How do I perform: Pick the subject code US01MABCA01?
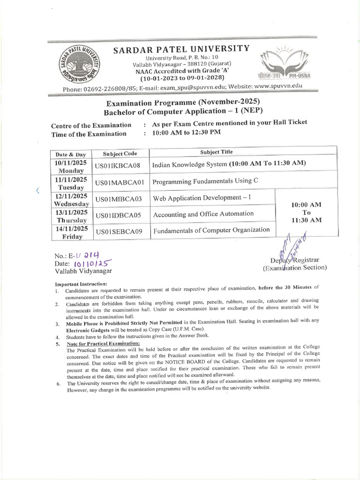tap(121, 181)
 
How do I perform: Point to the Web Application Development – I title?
tap(202, 198)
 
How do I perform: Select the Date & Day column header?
tap(71, 154)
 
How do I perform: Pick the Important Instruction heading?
tap(81, 284)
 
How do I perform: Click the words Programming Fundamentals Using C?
tap(206, 181)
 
